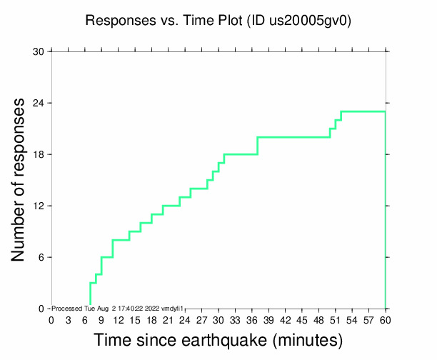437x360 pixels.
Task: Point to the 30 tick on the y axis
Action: click(39, 51)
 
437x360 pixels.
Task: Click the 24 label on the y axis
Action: click(39, 103)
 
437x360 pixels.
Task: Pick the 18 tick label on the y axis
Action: click(39, 154)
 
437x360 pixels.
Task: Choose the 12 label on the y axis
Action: click(39, 206)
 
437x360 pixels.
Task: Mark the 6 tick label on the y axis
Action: click(41, 257)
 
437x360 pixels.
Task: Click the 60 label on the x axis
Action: click(386, 319)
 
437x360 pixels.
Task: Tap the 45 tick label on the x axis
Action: click(302, 319)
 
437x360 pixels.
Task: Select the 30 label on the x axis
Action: click(218, 319)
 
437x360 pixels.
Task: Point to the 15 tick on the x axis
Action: click(135, 319)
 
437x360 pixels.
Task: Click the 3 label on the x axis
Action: click(68, 319)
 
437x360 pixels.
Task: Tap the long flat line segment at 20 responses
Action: click(293, 137)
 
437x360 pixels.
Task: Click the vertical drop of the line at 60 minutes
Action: click(386, 214)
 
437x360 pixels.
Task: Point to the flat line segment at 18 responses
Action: click(241, 154)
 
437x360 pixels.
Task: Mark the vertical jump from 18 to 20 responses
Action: click(257, 146)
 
